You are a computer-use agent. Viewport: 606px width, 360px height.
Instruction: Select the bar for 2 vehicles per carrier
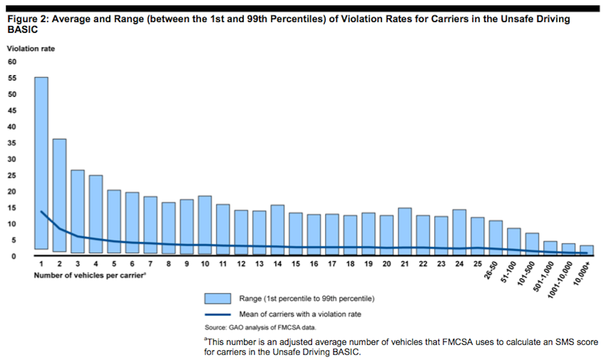[x=59, y=195]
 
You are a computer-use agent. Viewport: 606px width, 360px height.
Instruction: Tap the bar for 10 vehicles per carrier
[x=205, y=225]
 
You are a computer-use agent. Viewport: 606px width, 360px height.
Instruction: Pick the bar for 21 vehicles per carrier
[x=405, y=231]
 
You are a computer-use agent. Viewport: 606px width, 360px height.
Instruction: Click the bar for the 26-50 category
[x=496, y=238]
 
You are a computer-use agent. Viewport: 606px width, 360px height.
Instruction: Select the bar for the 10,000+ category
[x=587, y=250]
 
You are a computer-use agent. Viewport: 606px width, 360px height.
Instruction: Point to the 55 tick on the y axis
[x=12, y=78]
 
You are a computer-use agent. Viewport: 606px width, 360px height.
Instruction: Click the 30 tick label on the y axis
[x=12, y=159]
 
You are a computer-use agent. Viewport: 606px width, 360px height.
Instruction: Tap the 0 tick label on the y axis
[x=14, y=257]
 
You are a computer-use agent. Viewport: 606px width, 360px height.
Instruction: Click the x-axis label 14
[x=277, y=264]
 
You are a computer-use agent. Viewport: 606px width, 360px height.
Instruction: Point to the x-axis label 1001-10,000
[x=560, y=279]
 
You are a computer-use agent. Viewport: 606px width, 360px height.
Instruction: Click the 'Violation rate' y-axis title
[x=31, y=49]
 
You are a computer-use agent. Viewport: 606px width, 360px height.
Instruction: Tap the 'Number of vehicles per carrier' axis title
[x=89, y=275]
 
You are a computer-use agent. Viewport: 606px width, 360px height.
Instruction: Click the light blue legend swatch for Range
[x=218, y=299]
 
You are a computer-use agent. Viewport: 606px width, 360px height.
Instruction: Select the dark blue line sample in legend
[x=218, y=314]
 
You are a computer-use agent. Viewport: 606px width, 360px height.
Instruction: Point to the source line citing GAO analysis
[x=260, y=327]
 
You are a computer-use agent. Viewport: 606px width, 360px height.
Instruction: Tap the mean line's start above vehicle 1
[x=41, y=212]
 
